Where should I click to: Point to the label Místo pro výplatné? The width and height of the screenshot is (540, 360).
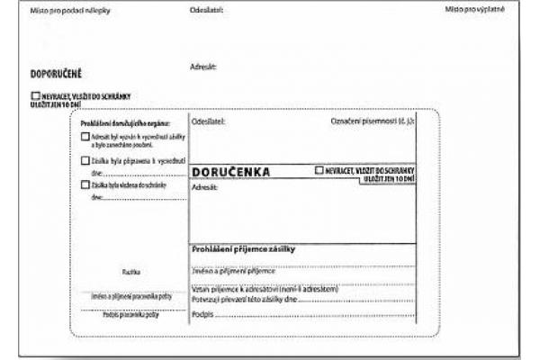[475, 9]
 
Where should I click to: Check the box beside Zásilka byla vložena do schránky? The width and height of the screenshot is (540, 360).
[85, 184]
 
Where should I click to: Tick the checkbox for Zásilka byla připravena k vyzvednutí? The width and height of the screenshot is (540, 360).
[85, 161]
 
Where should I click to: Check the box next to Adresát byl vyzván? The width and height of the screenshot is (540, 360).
[85, 137]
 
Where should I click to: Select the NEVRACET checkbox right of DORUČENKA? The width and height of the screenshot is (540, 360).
[319, 169]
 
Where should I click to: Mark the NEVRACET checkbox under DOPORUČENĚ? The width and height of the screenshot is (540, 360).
[35, 95]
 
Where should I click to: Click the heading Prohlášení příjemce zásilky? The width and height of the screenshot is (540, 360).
[244, 248]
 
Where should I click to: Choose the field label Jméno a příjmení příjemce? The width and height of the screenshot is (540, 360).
[232, 269]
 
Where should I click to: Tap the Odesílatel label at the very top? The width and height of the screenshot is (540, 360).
[207, 9]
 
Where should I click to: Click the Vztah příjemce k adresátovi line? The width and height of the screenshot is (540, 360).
[265, 289]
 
